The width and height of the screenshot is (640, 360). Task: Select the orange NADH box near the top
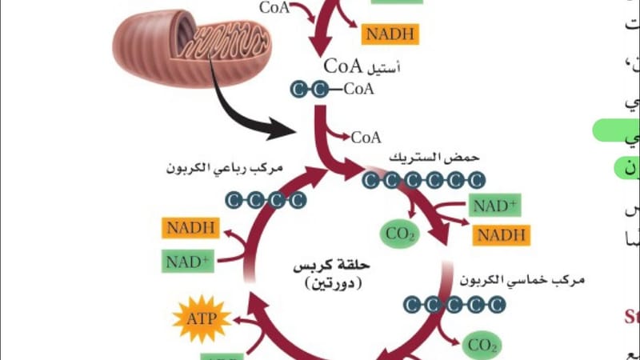(x=390, y=34)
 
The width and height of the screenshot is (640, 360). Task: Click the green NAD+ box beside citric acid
(x=496, y=206)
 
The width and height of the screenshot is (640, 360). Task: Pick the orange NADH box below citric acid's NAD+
(x=502, y=234)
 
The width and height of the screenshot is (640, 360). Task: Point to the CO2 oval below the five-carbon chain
(x=482, y=346)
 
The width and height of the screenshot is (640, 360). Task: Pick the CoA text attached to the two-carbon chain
(x=359, y=90)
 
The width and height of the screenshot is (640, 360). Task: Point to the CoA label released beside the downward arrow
(x=366, y=137)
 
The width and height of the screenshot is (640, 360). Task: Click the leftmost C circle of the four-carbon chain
(x=234, y=199)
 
